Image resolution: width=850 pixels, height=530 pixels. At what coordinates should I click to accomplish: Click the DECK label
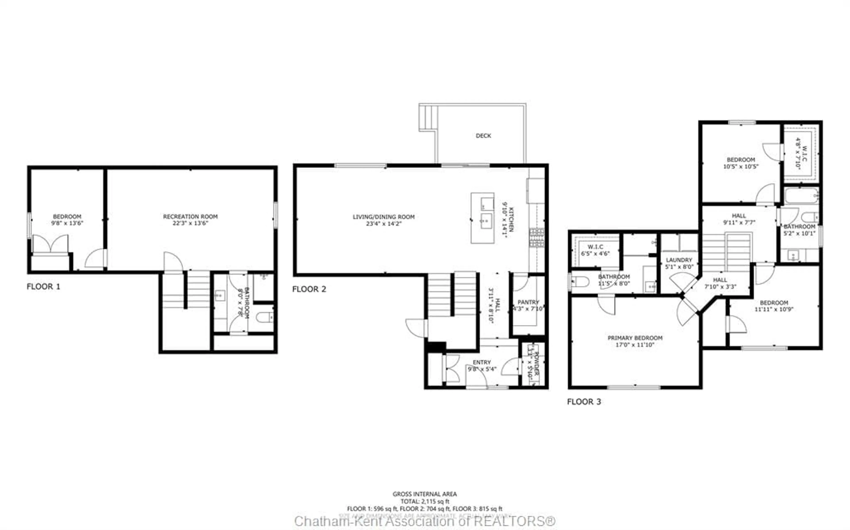pos(483,136)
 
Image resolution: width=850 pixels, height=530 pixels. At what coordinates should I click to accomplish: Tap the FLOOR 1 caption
pos(43,286)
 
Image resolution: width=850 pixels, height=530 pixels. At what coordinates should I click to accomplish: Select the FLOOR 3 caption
pos(584,402)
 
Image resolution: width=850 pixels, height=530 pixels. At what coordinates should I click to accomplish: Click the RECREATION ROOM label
pos(190,217)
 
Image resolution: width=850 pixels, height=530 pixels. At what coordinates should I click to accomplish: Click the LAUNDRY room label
pos(679,260)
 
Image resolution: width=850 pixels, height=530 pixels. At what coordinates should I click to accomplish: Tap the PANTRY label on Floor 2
pos(528,302)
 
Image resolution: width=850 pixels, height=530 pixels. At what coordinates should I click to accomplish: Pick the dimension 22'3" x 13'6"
pos(190,223)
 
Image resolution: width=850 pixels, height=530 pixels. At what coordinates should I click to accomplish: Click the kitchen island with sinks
pos(483,218)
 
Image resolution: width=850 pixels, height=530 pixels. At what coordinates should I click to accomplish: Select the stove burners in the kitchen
pos(537,237)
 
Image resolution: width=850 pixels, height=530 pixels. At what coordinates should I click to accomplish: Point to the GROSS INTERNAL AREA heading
pos(424,494)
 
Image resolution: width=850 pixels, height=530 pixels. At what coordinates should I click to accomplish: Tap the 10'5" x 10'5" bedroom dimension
pos(741,167)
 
